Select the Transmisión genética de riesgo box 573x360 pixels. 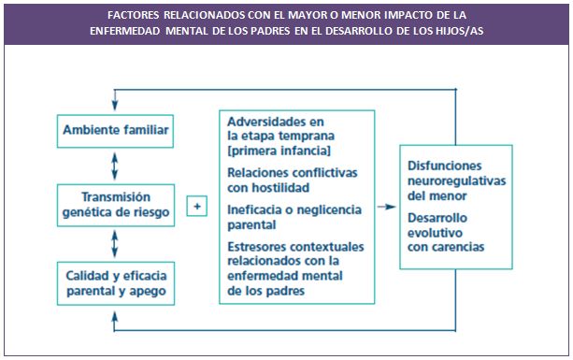(x=114, y=205)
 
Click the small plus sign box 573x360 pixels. (x=197, y=206)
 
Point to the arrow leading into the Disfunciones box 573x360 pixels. (x=386, y=206)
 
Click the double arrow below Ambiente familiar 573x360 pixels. (x=114, y=166)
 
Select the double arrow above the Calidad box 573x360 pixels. (x=114, y=244)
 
